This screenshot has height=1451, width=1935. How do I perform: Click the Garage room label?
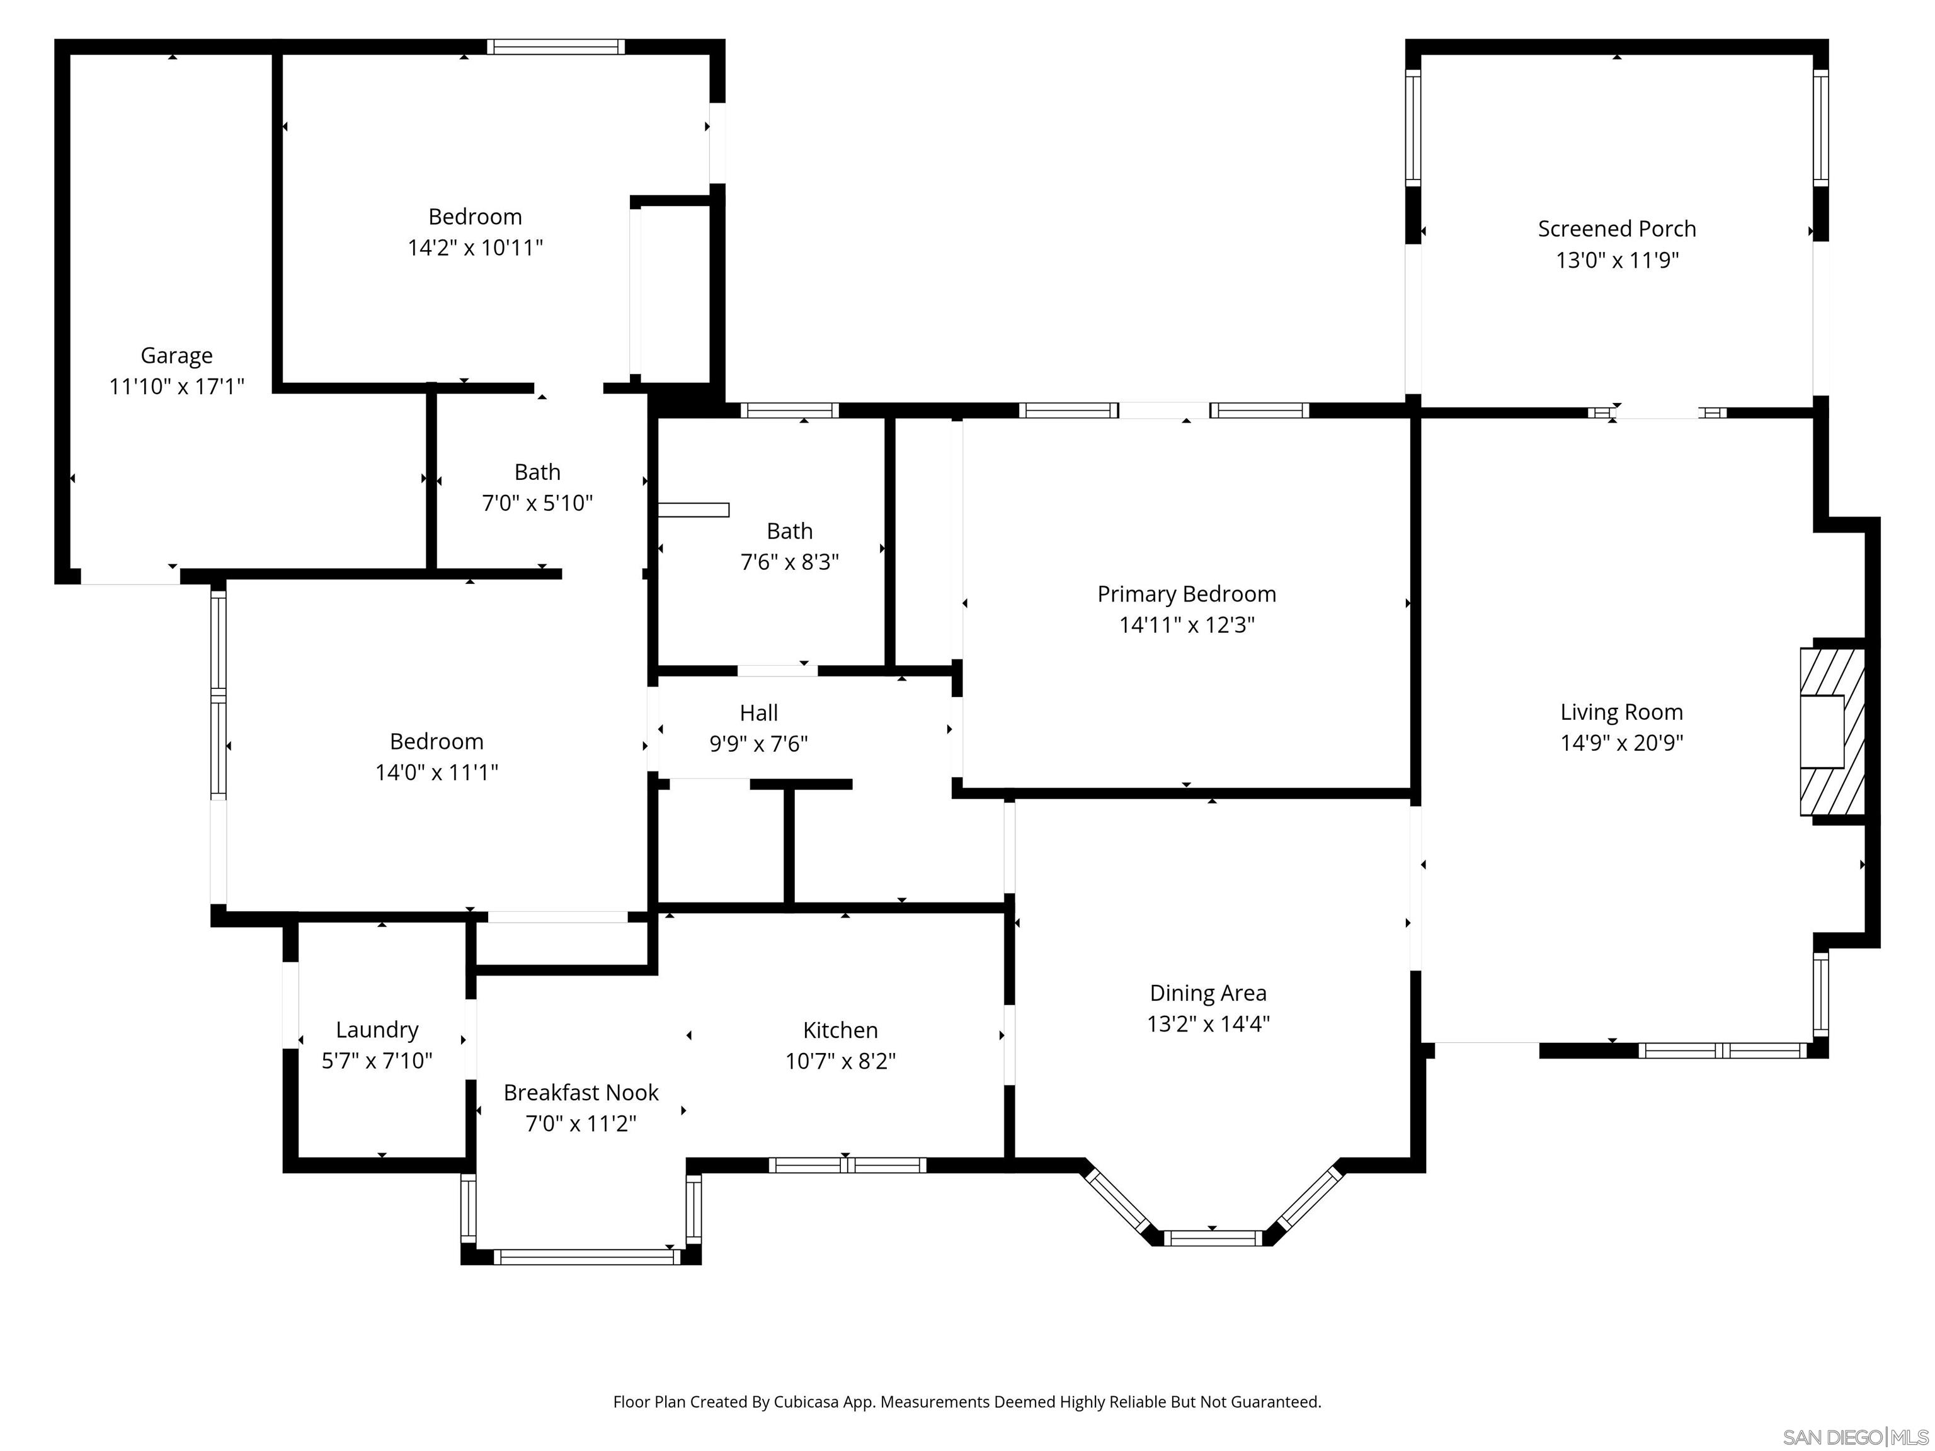click(x=177, y=356)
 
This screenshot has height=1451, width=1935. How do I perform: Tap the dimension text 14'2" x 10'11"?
click(x=475, y=248)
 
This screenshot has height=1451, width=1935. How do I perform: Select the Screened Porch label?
click(x=1616, y=229)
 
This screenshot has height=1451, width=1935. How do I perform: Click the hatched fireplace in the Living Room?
click(x=1832, y=731)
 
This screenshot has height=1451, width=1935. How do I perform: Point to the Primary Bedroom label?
click(x=1186, y=595)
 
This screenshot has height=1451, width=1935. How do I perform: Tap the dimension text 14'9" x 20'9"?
click(x=1621, y=743)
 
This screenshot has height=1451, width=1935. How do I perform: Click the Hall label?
click(x=758, y=713)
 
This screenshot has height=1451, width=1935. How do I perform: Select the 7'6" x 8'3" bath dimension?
click(x=789, y=562)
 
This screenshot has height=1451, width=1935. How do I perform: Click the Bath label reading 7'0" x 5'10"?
click(x=537, y=472)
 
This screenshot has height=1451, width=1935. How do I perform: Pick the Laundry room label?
click(x=377, y=1030)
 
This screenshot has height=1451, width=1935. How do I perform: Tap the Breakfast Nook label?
click(x=581, y=1093)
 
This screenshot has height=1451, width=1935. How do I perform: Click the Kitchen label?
click(x=840, y=1030)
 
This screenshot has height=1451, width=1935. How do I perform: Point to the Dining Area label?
click(x=1207, y=994)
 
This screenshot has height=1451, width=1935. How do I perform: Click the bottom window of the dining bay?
click(x=1213, y=1238)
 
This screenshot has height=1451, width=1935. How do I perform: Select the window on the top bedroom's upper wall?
click(x=556, y=47)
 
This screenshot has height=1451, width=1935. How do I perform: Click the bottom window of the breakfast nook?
click(x=586, y=1257)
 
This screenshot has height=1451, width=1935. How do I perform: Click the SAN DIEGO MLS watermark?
click(x=1854, y=1437)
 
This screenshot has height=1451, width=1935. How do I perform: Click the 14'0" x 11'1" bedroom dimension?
click(x=437, y=772)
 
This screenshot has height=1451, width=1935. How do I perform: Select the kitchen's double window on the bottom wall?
click(x=847, y=1165)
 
